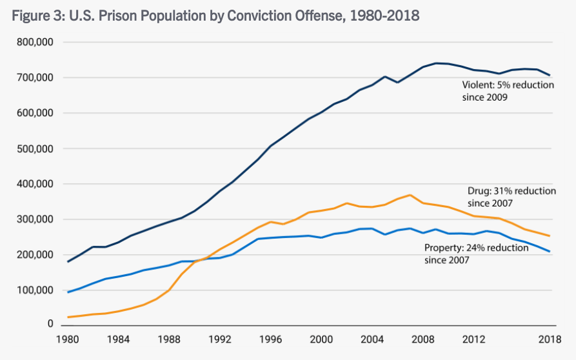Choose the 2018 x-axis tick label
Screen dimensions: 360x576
(549, 339)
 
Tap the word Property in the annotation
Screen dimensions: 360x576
(442, 248)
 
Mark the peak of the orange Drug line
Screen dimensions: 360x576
(411, 195)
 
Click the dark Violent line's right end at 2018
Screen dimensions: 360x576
(550, 75)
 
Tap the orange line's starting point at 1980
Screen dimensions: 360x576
(68, 317)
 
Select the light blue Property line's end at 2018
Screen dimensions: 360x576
(550, 252)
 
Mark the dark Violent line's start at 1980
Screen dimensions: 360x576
(68, 261)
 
